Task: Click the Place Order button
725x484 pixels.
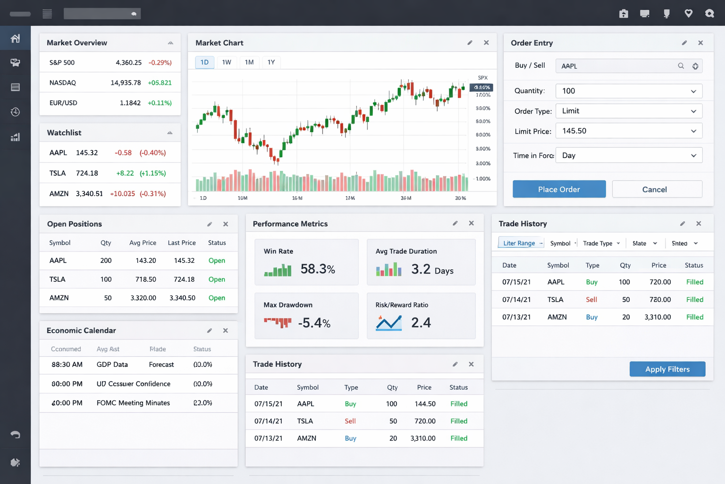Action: (x=559, y=189)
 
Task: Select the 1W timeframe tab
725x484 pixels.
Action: (x=227, y=62)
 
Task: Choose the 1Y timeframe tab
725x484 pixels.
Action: (x=271, y=62)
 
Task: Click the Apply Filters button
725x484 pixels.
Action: (x=667, y=369)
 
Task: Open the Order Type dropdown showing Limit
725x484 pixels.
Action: (x=629, y=111)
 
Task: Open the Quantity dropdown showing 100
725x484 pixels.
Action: (x=629, y=91)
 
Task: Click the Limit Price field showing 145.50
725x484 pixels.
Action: (x=629, y=131)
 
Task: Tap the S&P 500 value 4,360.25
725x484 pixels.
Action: (x=128, y=62)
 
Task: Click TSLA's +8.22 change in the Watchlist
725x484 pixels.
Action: (x=125, y=173)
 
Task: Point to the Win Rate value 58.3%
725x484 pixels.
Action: (x=318, y=269)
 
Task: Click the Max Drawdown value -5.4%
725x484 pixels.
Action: (x=314, y=323)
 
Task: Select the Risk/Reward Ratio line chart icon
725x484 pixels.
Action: (x=388, y=323)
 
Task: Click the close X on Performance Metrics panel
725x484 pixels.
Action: (x=471, y=223)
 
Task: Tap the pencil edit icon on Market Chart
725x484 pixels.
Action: (x=470, y=43)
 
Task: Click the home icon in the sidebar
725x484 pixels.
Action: (x=15, y=38)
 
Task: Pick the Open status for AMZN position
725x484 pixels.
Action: (x=217, y=298)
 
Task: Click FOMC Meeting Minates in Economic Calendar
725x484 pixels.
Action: (x=133, y=403)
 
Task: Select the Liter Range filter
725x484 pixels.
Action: (x=519, y=243)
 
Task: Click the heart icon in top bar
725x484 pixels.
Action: (x=688, y=14)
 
